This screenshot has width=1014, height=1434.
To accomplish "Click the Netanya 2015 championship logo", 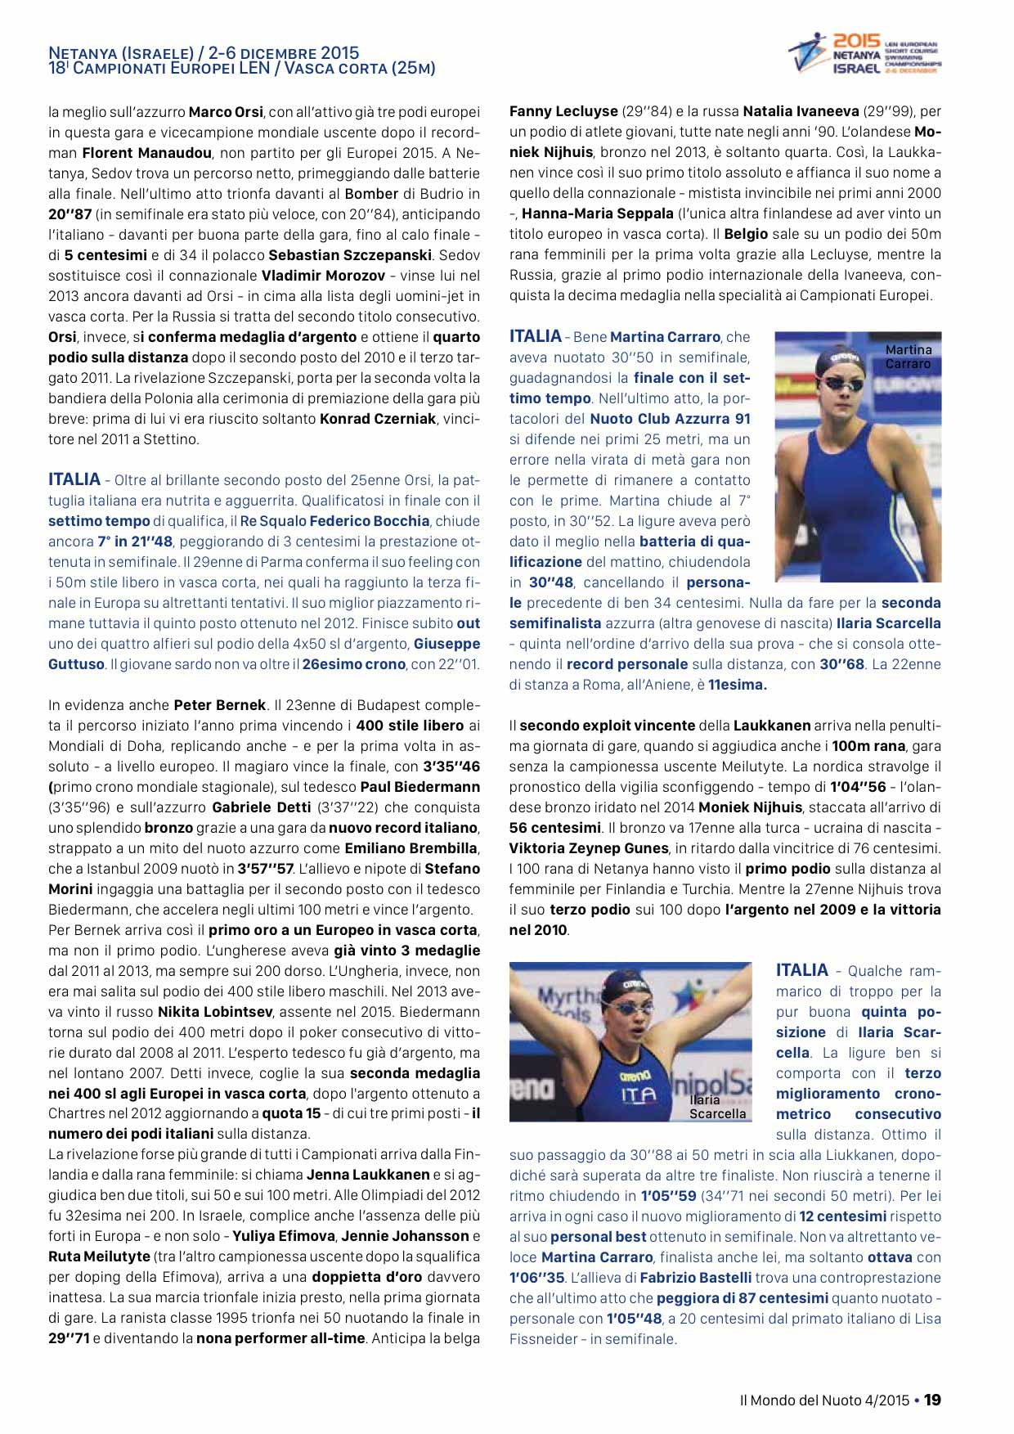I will pos(864,54).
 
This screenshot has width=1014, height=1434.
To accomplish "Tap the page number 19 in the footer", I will pos(932,1400).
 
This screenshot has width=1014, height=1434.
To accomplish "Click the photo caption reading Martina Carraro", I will pos(908,357).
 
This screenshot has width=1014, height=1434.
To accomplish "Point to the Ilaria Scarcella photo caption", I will pos(717,1107).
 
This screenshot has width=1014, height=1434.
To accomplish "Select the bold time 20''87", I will pos(70,214).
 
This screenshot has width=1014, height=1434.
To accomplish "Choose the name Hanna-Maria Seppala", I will pos(597,214).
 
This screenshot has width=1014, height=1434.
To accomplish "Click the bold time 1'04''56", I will pos(858,787).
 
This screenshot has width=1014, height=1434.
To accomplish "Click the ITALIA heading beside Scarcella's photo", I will pos(802,970).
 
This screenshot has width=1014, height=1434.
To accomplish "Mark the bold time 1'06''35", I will pos(536,1278).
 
